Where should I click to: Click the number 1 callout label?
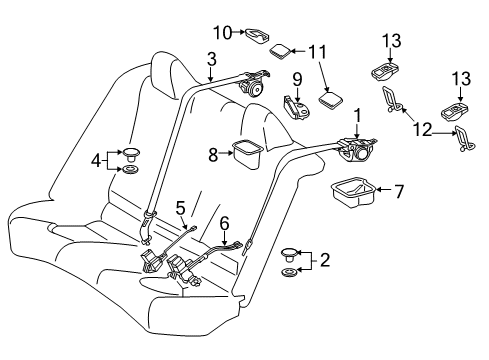tap(356, 117)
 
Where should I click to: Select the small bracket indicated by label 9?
tap(296, 105)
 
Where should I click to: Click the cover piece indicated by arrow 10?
tap(258, 34)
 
